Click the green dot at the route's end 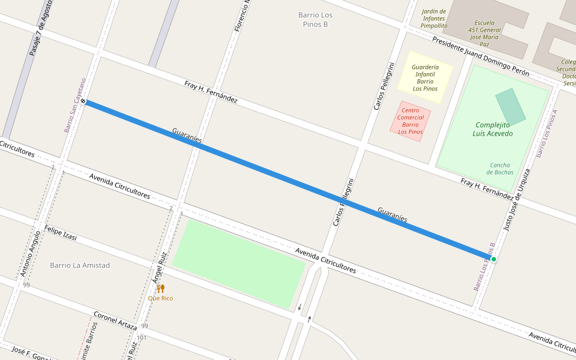493,259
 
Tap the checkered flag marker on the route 83,101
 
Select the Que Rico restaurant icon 160,289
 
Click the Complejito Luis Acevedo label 493,129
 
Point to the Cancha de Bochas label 500,169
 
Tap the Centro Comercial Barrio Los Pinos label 410,121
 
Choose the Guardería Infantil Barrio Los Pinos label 425,78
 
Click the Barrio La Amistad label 80,265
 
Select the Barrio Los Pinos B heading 316,19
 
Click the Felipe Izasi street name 61,233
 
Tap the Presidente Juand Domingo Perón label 481,56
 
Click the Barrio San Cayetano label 75,106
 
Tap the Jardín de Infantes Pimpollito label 434,19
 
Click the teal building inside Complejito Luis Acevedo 510,106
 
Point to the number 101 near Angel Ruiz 142,338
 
